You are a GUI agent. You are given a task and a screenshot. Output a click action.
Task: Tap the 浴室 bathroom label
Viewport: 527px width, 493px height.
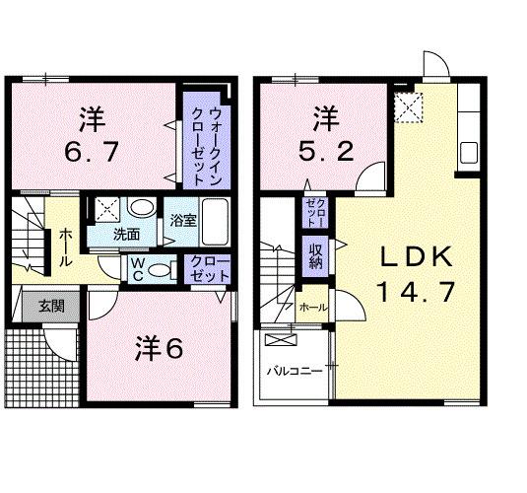tap(182, 221)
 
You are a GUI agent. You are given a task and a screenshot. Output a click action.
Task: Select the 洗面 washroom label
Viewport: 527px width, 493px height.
tap(125, 235)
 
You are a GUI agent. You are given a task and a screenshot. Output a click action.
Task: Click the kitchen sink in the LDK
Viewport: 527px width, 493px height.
tap(468, 154)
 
